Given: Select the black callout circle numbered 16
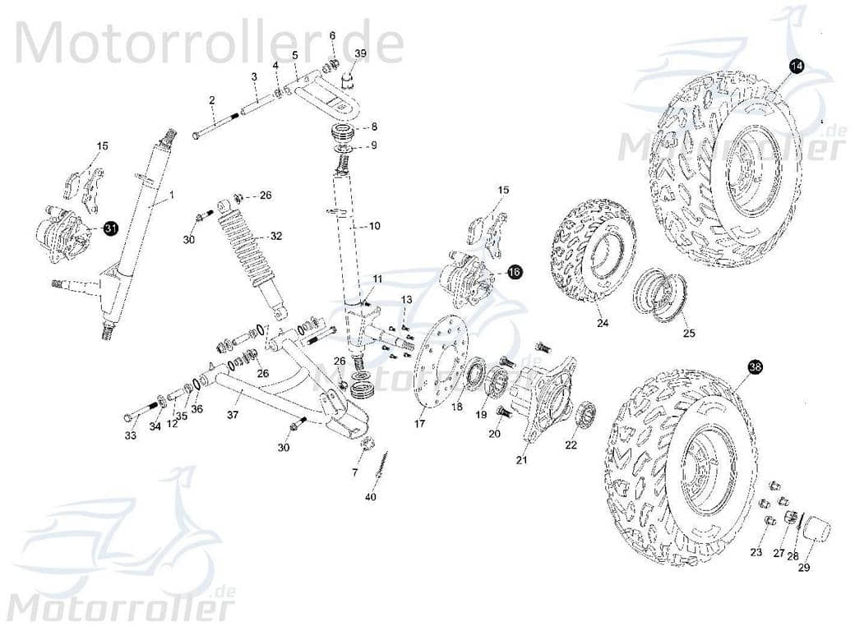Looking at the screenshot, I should (x=515, y=272).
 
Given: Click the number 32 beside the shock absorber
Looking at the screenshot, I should (x=276, y=236).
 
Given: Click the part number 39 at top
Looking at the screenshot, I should (x=360, y=53).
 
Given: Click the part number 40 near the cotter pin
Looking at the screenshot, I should (x=371, y=498).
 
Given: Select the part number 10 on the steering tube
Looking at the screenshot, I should (x=374, y=225).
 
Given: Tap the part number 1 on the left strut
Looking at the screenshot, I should (x=172, y=196).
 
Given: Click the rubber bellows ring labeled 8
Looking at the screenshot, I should (x=348, y=131).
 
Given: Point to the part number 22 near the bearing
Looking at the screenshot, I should (x=571, y=444).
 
